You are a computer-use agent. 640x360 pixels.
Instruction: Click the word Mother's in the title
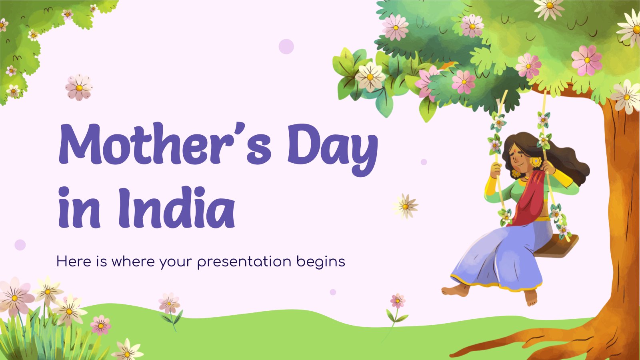[165, 144]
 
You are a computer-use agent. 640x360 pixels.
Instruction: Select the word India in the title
[176, 208]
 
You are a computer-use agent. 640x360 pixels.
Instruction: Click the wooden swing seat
[556, 246]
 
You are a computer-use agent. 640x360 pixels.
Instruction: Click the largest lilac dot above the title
[286, 46]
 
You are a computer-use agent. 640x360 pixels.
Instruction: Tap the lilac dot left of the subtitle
[20, 245]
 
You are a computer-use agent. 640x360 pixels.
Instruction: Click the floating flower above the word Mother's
[79, 88]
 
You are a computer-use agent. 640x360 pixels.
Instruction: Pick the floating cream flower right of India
[405, 206]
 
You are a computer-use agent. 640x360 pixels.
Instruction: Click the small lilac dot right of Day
[424, 162]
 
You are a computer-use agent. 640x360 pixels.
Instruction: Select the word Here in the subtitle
[74, 261]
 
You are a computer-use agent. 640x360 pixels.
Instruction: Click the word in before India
[79, 208]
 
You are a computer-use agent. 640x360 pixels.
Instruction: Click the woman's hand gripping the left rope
[496, 170]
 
